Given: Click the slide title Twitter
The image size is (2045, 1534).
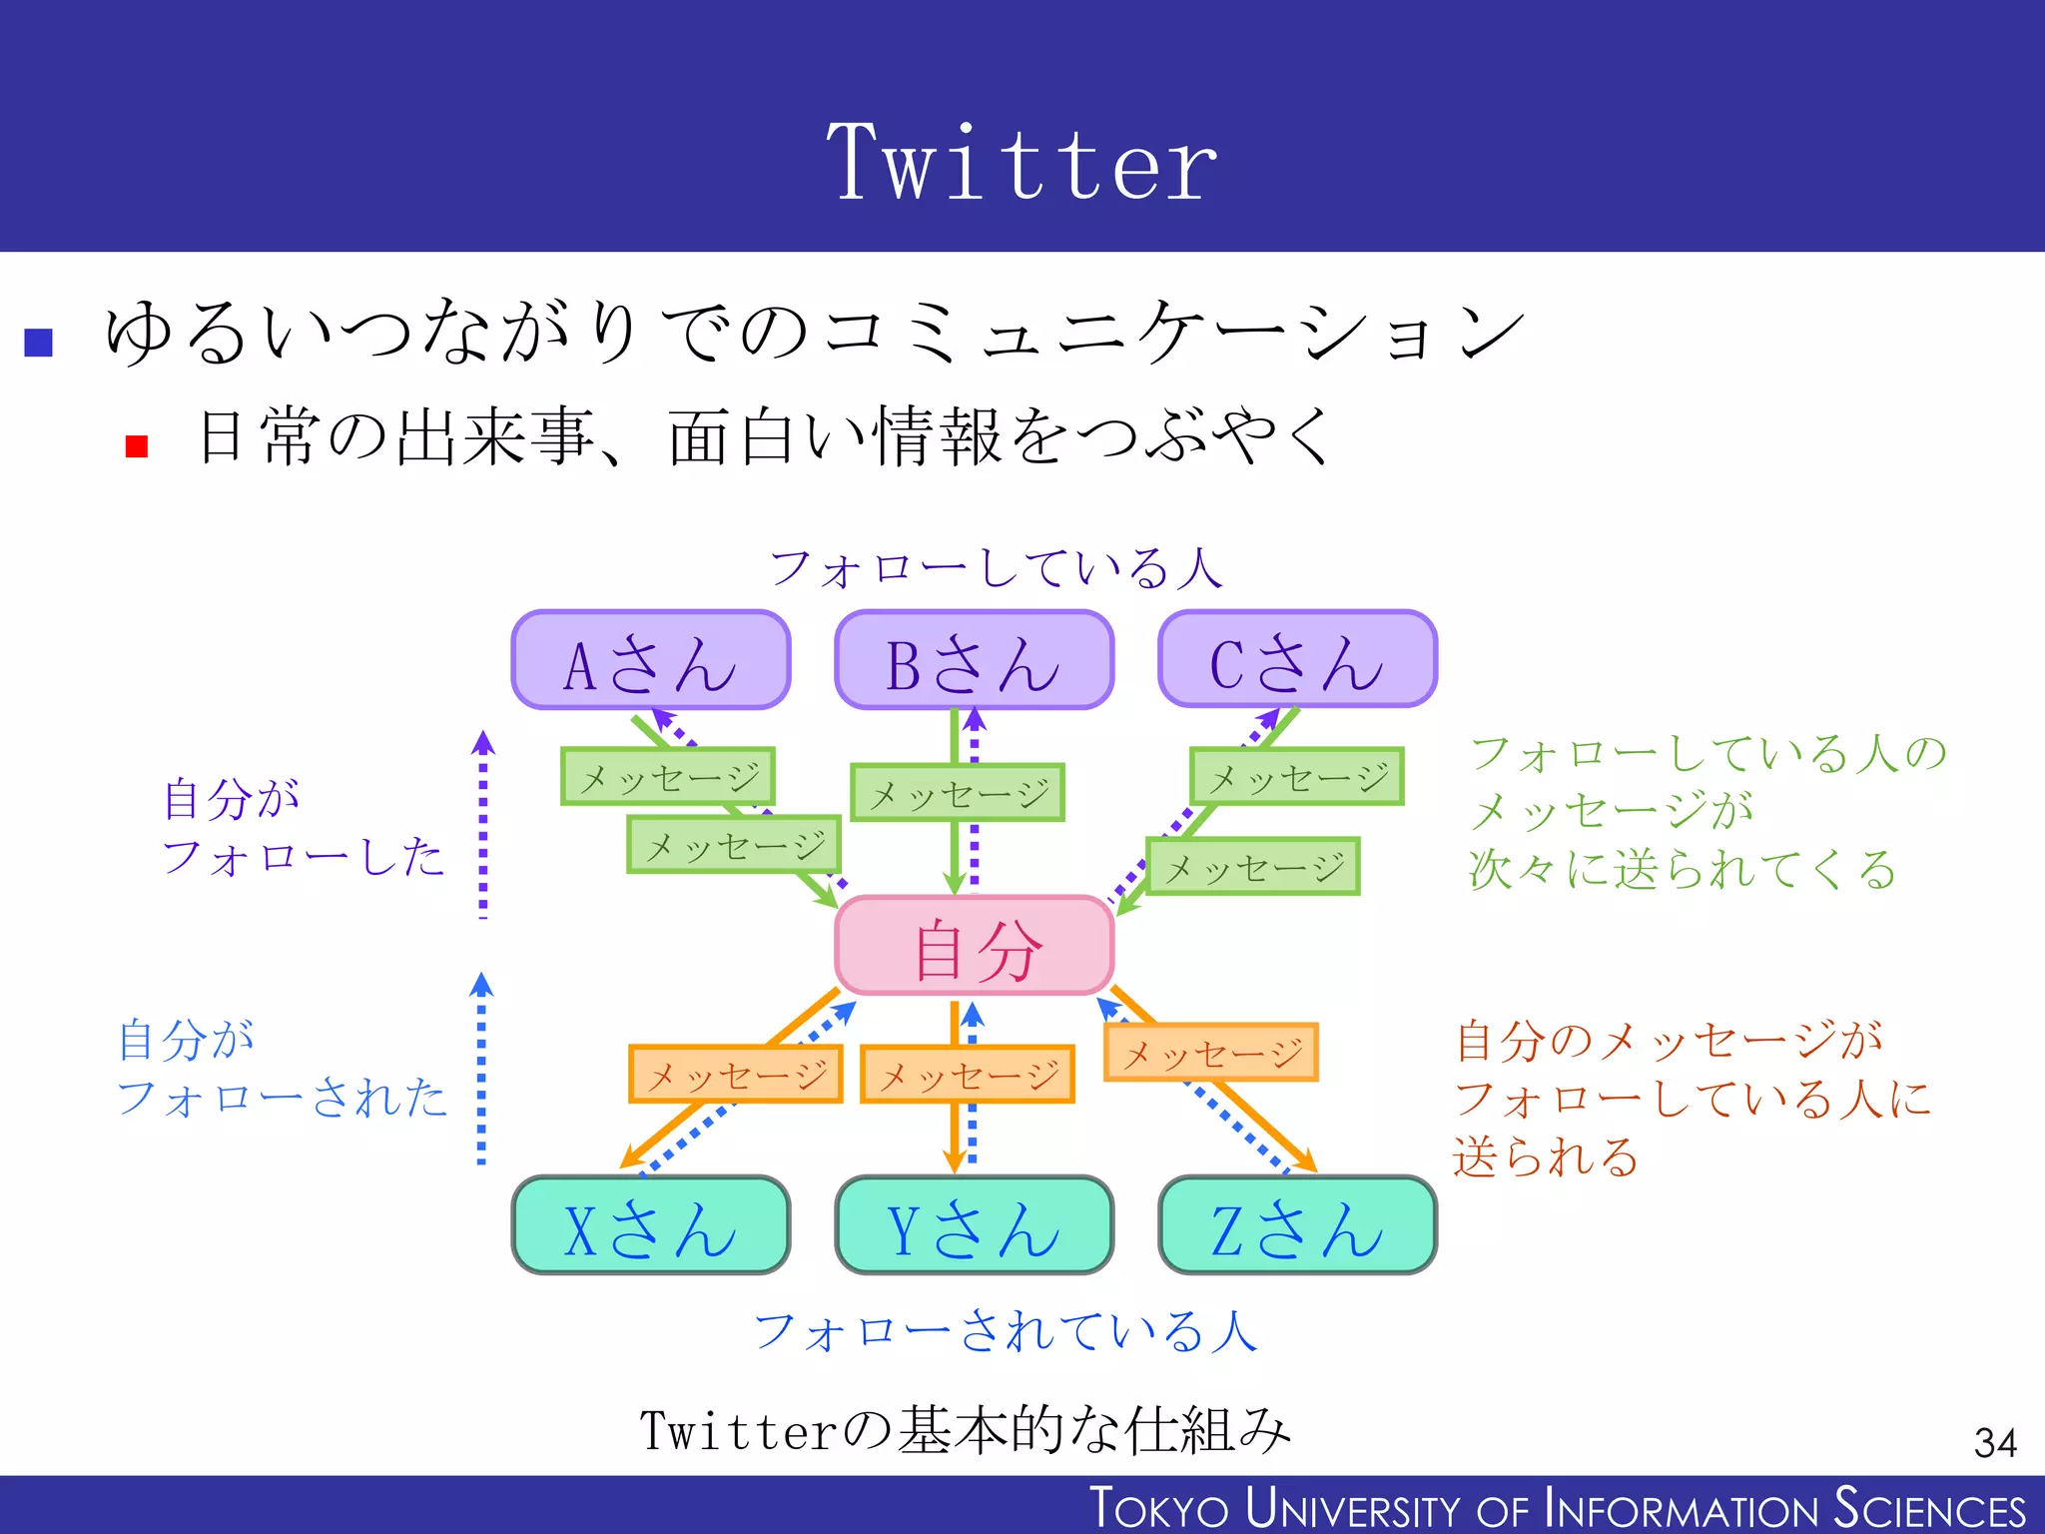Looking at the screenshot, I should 1022,162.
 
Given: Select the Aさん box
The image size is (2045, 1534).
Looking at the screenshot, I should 651,661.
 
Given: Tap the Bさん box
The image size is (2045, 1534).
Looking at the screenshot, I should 974,661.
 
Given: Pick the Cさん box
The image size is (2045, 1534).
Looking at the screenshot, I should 1297,661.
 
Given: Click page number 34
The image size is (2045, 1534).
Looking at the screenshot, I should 1994,1442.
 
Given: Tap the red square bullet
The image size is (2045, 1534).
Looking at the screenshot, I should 137,446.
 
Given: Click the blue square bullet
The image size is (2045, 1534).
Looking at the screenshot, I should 38,343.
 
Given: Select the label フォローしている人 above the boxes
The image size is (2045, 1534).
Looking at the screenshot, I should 996,568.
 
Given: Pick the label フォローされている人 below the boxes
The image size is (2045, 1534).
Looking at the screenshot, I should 1005,1331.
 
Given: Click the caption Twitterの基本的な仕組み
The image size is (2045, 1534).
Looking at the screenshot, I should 965,1430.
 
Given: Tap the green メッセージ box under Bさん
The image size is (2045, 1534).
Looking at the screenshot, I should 958,793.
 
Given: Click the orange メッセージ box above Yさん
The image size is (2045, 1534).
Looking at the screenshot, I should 968,1075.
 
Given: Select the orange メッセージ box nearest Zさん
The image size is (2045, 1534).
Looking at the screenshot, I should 1211,1053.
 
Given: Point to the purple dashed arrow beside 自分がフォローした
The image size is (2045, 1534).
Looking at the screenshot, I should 483,825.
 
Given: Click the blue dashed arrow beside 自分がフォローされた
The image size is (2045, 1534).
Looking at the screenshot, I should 481,1069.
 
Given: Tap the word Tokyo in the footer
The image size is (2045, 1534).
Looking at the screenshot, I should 1158,1508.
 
